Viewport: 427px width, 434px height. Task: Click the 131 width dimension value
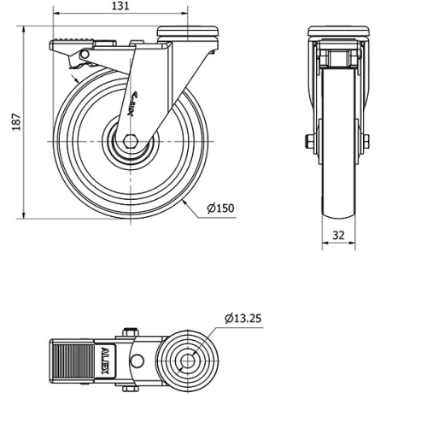120,6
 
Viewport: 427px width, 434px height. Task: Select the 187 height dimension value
17,122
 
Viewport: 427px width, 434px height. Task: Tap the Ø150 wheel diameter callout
220,208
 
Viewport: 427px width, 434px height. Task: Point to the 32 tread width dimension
338,235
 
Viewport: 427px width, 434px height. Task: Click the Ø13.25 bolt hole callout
243,318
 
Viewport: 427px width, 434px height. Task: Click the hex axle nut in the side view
131,142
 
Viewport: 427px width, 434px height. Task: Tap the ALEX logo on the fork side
133,104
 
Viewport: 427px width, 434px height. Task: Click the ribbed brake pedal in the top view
73,361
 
